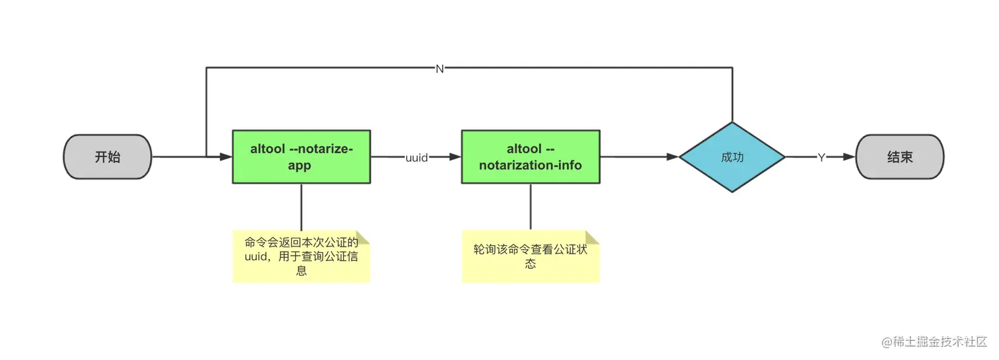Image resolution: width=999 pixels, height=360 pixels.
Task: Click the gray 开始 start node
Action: click(x=108, y=157)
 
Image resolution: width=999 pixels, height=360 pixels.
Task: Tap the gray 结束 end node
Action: click(x=899, y=157)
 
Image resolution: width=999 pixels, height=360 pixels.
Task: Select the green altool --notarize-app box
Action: click(x=301, y=157)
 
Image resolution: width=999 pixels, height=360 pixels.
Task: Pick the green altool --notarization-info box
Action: click(x=531, y=157)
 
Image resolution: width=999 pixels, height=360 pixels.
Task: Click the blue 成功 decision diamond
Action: click(x=732, y=157)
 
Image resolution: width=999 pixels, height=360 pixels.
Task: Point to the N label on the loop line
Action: click(x=440, y=69)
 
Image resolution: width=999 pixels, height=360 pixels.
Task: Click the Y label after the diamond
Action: click(x=821, y=157)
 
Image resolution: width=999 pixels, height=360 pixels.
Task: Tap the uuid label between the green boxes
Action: click(x=416, y=157)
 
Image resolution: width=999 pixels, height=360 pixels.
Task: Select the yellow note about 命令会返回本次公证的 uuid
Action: click(x=301, y=256)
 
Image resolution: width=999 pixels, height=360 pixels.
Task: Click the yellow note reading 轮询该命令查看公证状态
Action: click(x=531, y=256)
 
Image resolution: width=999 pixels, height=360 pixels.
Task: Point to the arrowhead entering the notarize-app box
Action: click(x=226, y=157)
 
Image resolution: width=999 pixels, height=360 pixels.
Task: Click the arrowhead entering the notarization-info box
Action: click(x=455, y=157)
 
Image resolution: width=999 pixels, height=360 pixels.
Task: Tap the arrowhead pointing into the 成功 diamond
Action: click(x=673, y=157)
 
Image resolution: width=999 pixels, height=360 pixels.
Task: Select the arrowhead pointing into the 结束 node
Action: click(x=849, y=157)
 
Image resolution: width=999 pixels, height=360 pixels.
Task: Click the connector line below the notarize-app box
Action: click(x=301, y=207)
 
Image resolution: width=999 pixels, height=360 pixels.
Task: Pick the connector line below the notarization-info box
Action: click(x=531, y=207)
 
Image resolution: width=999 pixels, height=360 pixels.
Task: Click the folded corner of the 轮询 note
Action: click(x=591, y=236)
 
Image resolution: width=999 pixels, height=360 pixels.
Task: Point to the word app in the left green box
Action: click(x=299, y=166)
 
